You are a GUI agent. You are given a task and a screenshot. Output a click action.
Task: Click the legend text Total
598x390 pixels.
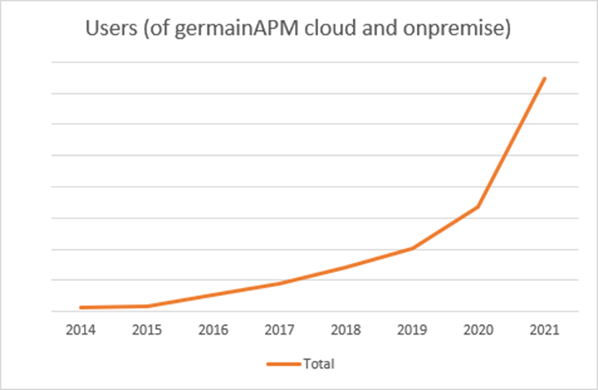point(318,365)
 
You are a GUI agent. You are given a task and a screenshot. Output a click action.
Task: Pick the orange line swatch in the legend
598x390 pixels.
point(282,365)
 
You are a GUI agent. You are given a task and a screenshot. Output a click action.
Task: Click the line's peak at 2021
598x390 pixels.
point(544,78)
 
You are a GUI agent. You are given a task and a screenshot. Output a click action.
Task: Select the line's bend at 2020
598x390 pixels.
point(479,206)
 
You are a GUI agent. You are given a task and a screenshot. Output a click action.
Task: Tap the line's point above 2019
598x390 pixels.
point(412,248)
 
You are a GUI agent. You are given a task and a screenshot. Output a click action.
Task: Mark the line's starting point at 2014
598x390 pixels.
point(81,307)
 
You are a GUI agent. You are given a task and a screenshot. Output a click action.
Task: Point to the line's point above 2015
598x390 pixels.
point(147,305)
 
